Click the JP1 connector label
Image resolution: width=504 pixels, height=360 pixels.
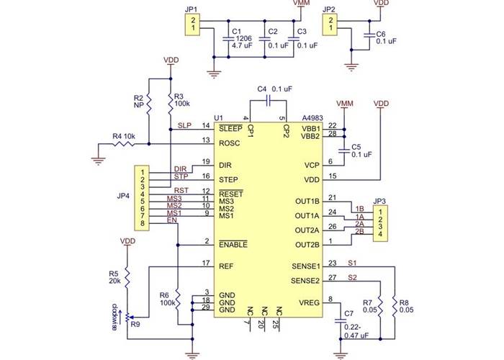[191, 10]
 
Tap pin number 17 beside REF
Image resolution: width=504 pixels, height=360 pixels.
[206, 262]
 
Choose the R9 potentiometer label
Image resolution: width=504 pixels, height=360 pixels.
[135, 325]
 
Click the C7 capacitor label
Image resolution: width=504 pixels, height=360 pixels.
[349, 314]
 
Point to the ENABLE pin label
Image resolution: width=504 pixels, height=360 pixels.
[233, 245]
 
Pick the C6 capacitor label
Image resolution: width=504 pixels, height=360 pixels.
[381, 34]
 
